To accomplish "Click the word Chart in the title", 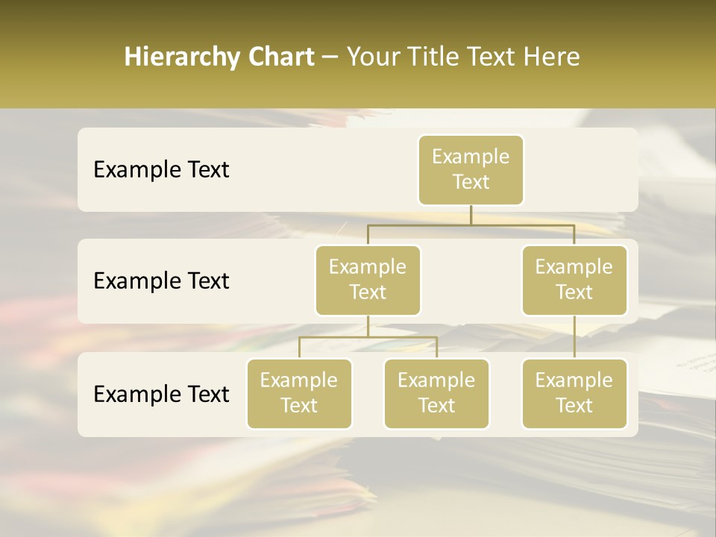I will pyautogui.click(x=280, y=57).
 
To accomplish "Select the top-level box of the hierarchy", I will pyautogui.click(x=471, y=170).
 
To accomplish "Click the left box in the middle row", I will pyautogui.click(x=368, y=280).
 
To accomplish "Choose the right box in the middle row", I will pyautogui.click(x=574, y=280).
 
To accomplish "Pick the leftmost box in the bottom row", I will pyautogui.click(x=299, y=394).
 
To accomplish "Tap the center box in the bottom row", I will pyautogui.click(x=436, y=394).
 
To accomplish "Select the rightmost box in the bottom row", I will pyautogui.click(x=574, y=394).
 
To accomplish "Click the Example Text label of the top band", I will pyautogui.click(x=161, y=170).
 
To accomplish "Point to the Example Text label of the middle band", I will pyautogui.click(x=161, y=281).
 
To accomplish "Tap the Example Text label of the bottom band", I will pyautogui.click(x=161, y=394).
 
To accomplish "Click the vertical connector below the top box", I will pyautogui.click(x=471, y=215).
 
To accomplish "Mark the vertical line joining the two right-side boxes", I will pyautogui.click(x=574, y=337).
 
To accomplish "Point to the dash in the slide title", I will pyautogui.click(x=330, y=57).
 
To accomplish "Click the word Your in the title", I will pyautogui.click(x=370, y=57).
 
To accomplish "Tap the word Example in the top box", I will pyautogui.click(x=471, y=157).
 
